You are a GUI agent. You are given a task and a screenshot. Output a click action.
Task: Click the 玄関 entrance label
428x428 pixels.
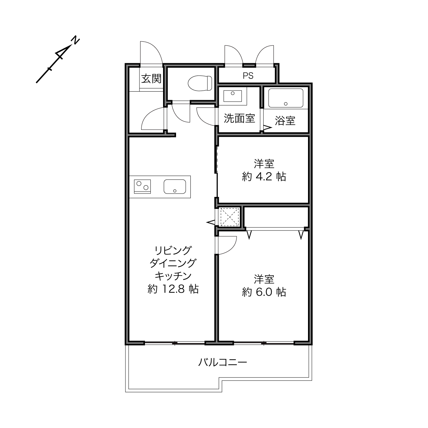(x=151, y=79)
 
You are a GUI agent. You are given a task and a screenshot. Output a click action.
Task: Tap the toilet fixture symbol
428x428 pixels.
(x=200, y=83)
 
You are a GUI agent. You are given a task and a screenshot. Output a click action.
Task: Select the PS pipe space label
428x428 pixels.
(x=248, y=76)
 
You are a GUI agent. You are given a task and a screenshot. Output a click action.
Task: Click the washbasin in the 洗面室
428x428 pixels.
(x=232, y=96)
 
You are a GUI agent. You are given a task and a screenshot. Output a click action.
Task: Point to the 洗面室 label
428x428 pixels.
(x=239, y=118)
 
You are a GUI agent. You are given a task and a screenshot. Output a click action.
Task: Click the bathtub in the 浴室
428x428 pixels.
(x=286, y=98)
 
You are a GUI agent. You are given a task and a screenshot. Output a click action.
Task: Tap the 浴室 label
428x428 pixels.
(x=285, y=121)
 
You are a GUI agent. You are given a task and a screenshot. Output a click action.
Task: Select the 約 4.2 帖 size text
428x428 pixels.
(x=264, y=177)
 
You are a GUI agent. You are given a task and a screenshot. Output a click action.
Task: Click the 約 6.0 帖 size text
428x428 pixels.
(x=264, y=292)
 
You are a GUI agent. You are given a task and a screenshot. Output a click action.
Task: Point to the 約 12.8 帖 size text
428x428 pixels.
(x=173, y=289)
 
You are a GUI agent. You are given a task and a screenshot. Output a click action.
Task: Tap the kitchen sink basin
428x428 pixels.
(x=175, y=186)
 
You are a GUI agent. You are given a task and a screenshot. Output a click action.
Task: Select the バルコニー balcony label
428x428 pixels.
(x=223, y=362)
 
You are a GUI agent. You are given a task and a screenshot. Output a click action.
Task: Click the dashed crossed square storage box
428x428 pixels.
(x=229, y=217)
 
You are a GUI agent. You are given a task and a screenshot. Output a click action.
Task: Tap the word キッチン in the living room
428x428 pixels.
(x=173, y=276)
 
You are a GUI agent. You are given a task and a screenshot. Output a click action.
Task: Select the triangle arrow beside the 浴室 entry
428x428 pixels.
(x=268, y=128)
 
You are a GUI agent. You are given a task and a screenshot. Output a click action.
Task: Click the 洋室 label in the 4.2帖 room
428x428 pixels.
(x=264, y=164)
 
